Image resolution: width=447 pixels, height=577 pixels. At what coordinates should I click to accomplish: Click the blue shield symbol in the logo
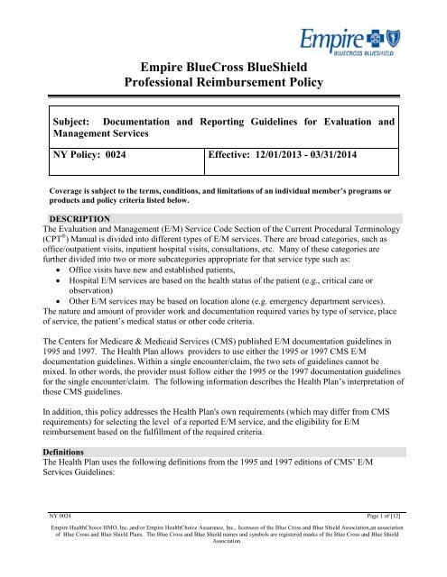click(x=420, y=42)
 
